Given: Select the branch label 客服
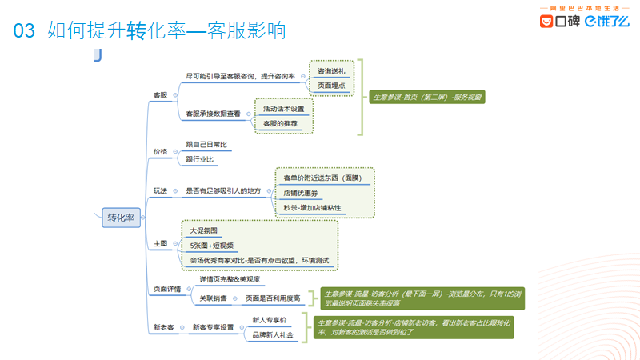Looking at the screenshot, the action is tap(161, 94).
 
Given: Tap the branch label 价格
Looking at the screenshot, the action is tap(161, 151).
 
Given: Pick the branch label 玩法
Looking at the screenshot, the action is tap(161, 191).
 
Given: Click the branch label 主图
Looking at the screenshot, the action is tap(161, 242).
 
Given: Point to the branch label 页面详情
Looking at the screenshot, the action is tap(166, 289).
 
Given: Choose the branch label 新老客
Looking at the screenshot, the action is tap(164, 327).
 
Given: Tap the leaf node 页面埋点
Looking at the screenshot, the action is tap(331, 85).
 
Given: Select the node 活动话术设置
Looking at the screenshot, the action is tap(284, 109).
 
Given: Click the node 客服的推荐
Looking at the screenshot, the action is tap(280, 123).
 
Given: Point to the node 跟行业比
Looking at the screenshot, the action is tap(201, 159).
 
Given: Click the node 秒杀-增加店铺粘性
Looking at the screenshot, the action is tap(312, 207).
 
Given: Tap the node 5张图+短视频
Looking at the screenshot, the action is tap(212, 246).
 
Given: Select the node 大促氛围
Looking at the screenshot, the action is tap(203, 230).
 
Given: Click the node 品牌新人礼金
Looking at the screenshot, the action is tap(272, 334).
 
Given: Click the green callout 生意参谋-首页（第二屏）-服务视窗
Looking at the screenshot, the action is tap(427, 97).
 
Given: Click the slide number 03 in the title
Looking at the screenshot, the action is tap(25, 31).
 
